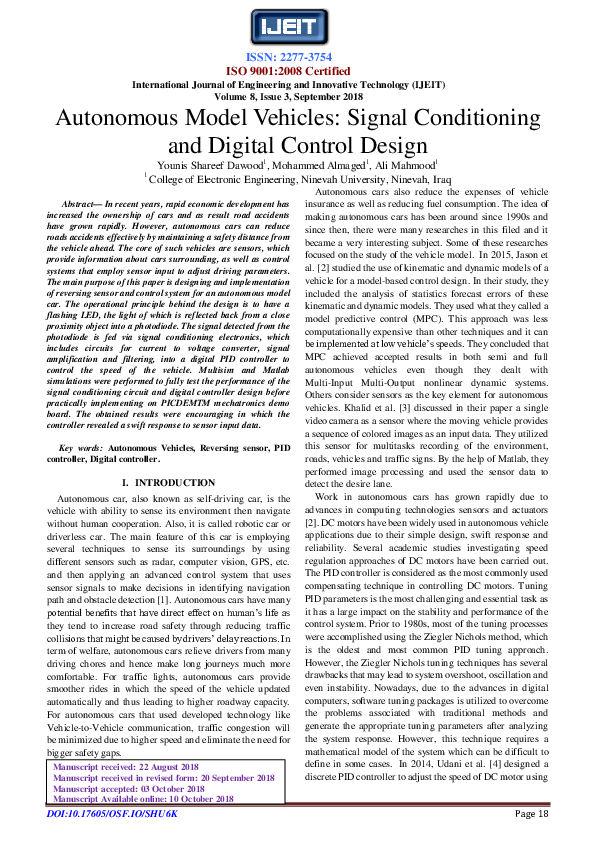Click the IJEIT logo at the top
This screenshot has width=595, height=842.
pyautogui.click(x=297, y=25)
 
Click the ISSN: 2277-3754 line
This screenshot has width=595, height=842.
pyautogui.click(x=297, y=57)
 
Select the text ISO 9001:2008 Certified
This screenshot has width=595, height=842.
pyautogui.click(x=297, y=71)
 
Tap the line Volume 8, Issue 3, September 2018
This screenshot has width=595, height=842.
pyautogui.click(x=297, y=98)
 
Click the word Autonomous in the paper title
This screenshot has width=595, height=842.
pyautogui.click(x=116, y=119)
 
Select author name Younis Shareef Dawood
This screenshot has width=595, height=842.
pyautogui.click(x=210, y=167)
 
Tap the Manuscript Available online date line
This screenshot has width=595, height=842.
pyautogui.click(x=142, y=827)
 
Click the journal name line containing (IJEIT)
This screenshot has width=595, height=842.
pyautogui.click(x=297, y=85)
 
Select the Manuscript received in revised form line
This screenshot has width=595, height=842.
pyautogui.click(x=163, y=805)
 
